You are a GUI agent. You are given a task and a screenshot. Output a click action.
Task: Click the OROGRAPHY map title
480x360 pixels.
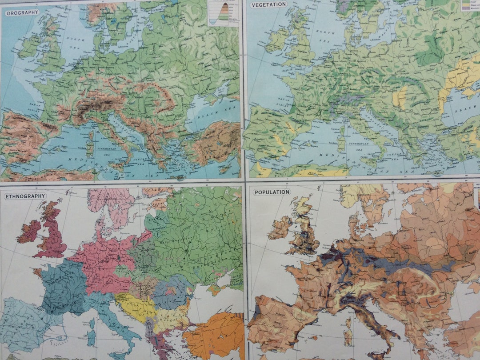click(x=22, y=12)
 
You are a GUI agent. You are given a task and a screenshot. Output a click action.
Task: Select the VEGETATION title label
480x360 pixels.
click(x=268, y=4)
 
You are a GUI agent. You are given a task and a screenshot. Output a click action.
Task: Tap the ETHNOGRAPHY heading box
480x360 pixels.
click(x=25, y=196)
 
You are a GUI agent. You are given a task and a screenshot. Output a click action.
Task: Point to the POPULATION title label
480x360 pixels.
click(x=272, y=192)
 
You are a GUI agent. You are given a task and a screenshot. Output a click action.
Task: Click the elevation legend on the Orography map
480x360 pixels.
click(x=224, y=13)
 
